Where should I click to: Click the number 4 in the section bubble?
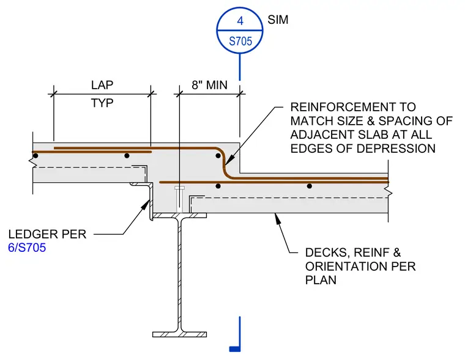(x=240, y=21)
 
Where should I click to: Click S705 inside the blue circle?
(x=240, y=41)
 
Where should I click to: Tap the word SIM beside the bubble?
(x=278, y=20)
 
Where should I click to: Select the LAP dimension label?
(x=102, y=85)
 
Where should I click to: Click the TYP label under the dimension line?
(x=102, y=103)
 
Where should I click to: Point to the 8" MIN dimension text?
(x=209, y=85)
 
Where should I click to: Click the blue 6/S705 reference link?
(x=27, y=248)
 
